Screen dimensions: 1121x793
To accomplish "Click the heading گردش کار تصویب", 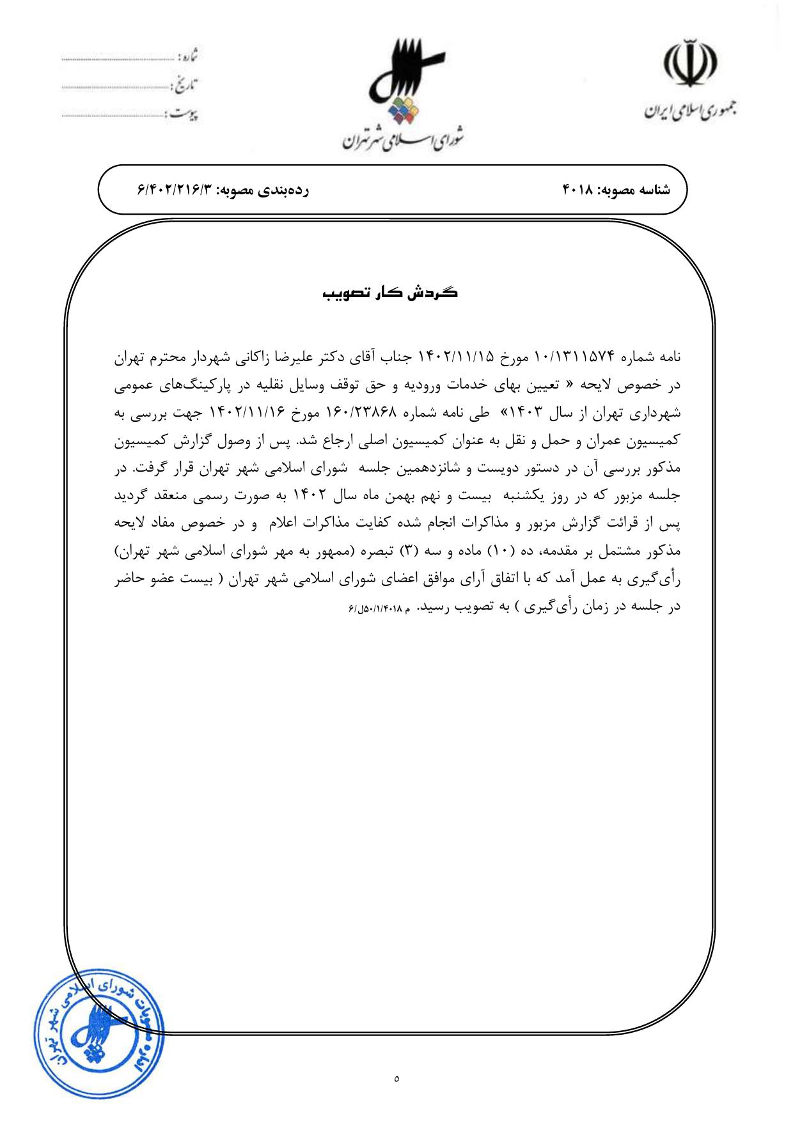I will point(390,293).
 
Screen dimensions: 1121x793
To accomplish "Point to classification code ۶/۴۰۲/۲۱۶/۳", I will point(175,190).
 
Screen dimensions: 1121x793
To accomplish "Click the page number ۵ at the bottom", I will point(397,1079).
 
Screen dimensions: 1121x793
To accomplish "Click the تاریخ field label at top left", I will point(185,84).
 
